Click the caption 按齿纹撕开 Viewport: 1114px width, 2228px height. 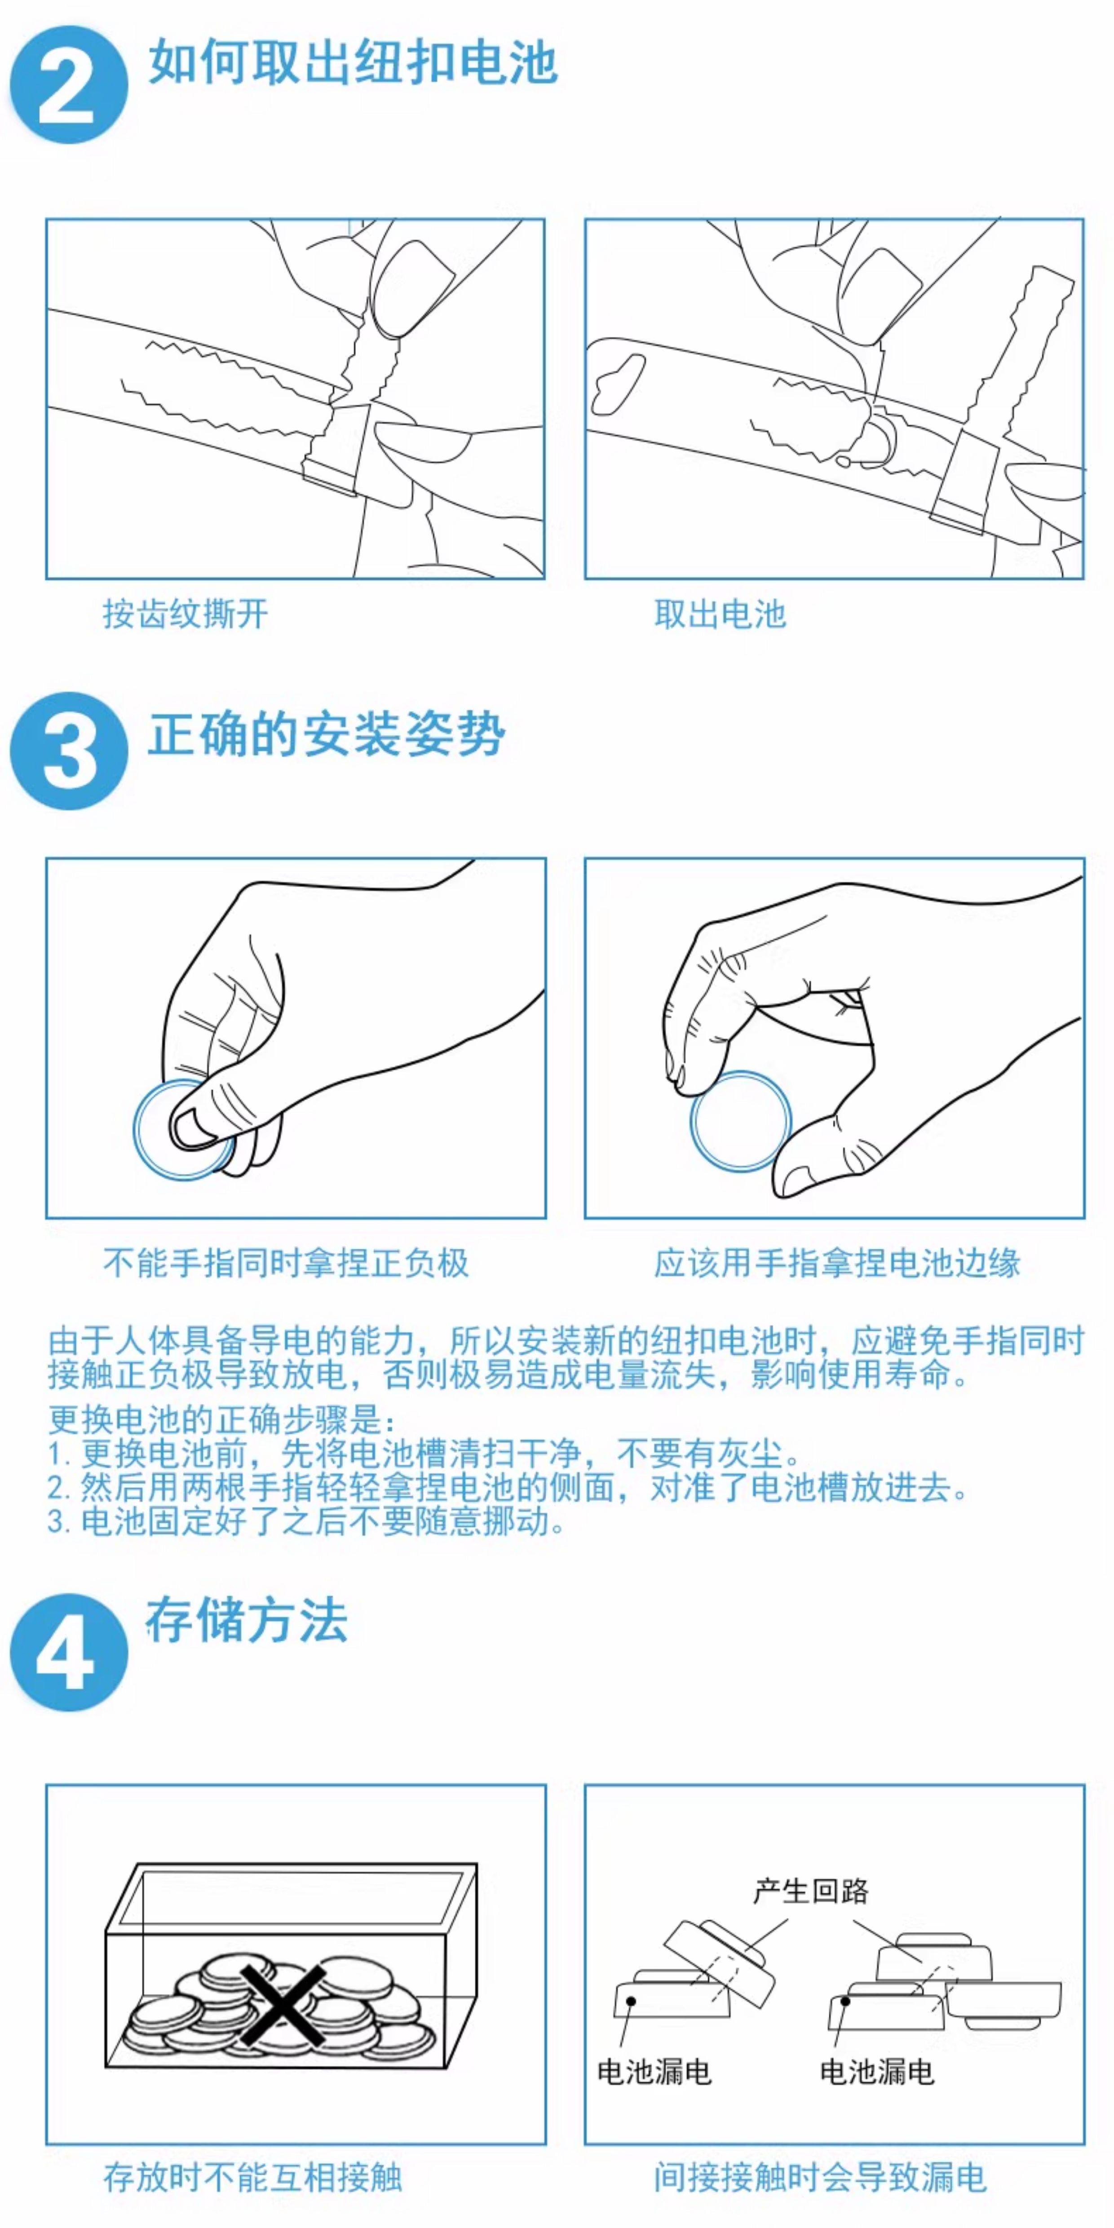point(186,614)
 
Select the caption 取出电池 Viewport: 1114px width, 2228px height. point(720,614)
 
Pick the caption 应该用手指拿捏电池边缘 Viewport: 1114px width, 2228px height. point(837,1263)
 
